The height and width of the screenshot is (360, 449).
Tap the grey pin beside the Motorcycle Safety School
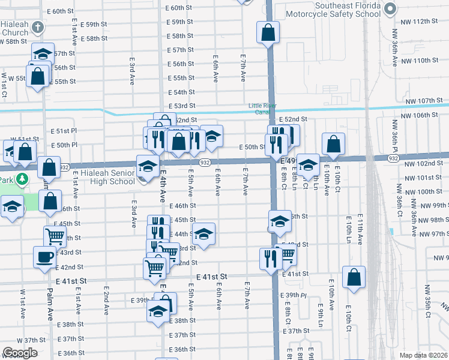pos(391,9)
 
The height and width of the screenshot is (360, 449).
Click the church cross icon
pos(38,27)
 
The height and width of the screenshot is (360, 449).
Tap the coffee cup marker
pos(44,257)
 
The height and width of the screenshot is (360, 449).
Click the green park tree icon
pos(22,179)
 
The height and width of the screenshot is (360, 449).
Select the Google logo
pos(20,353)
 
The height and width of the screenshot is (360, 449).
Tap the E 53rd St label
pos(182,106)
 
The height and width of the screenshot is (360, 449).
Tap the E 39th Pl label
pos(295,296)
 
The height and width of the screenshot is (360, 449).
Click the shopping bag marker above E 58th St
pos(268,32)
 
